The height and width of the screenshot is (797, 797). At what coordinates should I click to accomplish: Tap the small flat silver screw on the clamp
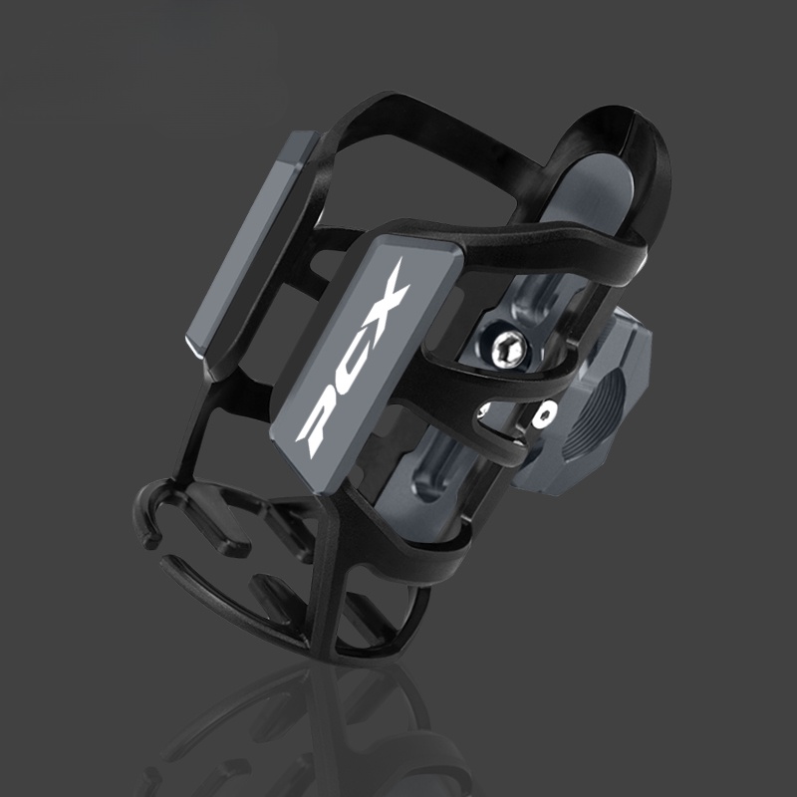point(546,414)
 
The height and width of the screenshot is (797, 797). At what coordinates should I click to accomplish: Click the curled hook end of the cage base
point(148,513)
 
